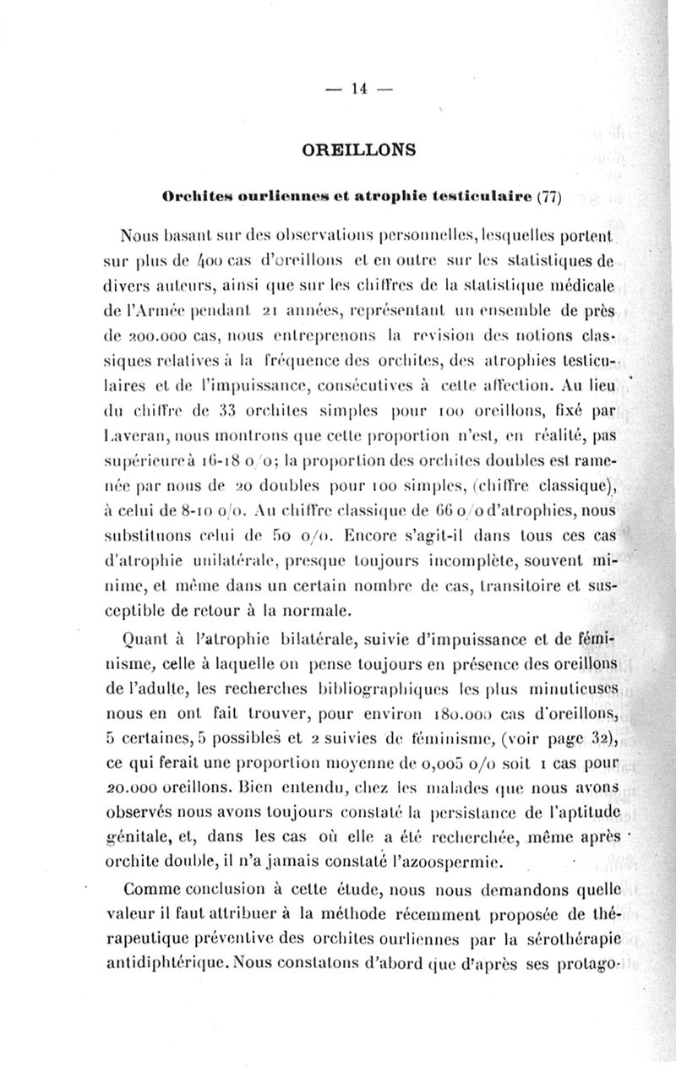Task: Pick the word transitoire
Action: (x=504, y=582)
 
